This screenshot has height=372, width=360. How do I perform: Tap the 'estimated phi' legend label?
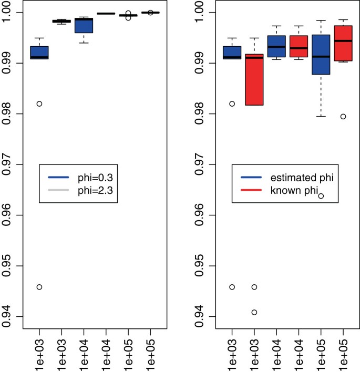point(300,179)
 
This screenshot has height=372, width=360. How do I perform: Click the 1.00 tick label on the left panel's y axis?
point(11,13)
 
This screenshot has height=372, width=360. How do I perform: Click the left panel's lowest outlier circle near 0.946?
point(39,287)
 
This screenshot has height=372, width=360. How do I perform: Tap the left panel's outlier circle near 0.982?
point(39,104)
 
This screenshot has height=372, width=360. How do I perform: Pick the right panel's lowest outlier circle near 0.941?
point(254,312)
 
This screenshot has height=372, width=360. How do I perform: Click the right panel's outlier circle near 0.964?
point(321,196)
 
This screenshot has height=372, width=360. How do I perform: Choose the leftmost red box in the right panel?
point(254,84)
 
